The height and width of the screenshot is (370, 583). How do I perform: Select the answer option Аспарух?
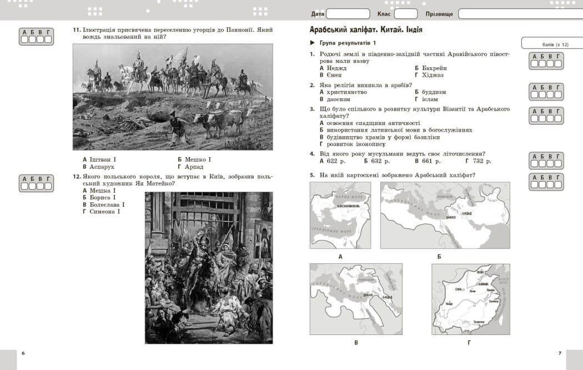pyautogui.click(x=102, y=167)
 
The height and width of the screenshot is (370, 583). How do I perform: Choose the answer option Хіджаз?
pyautogui.click(x=433, y=75)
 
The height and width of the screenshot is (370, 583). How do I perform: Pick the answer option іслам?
pyautogui.click(x=430, y=99)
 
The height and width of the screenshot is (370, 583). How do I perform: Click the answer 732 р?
pyautogui.click(x=478, y=161)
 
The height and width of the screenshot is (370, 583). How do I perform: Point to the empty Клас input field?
pyautogui.click(x=406, y=14)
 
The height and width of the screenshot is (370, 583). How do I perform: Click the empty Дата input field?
pyautogui.click(x=348, y=14)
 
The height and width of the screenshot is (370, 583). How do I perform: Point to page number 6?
pyautogui.click(x=23, y=353)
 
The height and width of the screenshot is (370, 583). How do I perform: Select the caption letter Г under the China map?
pyautogui.click(x=469, y=342)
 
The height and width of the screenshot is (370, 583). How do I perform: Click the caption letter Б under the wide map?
pyautogui.click(x=439, y=257)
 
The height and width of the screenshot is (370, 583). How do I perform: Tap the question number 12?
pyautogui.click(x=77, y=177)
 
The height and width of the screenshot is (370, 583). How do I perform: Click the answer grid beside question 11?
pyautogui.click(x=36, y=36)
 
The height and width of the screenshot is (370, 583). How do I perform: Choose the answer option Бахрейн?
pyautogui.click(x=434, y=68)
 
